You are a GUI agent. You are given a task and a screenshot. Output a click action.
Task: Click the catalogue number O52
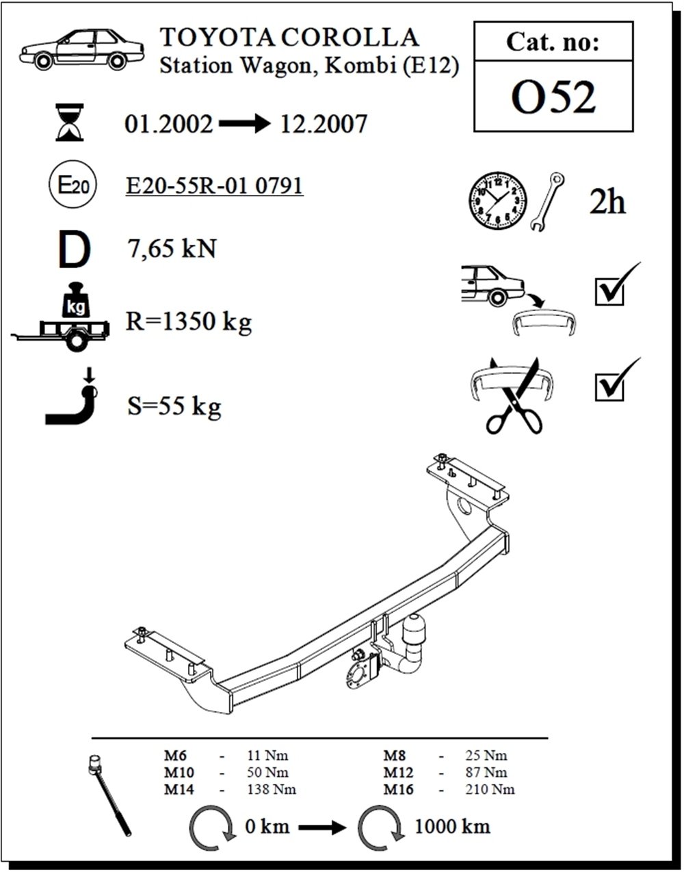(553, 96)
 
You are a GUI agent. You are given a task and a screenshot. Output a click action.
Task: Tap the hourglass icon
(70, 122)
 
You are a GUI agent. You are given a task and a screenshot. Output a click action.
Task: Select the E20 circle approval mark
(73, 185)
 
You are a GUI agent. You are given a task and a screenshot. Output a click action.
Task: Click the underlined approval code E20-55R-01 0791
(214, 185)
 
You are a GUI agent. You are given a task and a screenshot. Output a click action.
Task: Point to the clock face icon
(497, 200)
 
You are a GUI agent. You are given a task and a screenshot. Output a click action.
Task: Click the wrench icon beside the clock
(547, 202)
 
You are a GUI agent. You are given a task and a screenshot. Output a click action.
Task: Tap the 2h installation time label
(607, 202)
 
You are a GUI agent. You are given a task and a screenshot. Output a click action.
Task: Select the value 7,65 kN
(172, 248)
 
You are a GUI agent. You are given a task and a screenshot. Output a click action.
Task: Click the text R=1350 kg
(189, 321)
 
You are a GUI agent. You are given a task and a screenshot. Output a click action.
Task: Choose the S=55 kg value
(174, 406)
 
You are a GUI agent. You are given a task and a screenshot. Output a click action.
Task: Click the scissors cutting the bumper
(514, 396)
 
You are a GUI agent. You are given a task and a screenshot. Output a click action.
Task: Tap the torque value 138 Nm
(272, 790)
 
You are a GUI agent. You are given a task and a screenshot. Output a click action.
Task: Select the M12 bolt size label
(398, 772)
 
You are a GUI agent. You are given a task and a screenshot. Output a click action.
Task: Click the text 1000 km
(452, 827)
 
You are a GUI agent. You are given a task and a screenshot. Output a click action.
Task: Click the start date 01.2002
(168, 124)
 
